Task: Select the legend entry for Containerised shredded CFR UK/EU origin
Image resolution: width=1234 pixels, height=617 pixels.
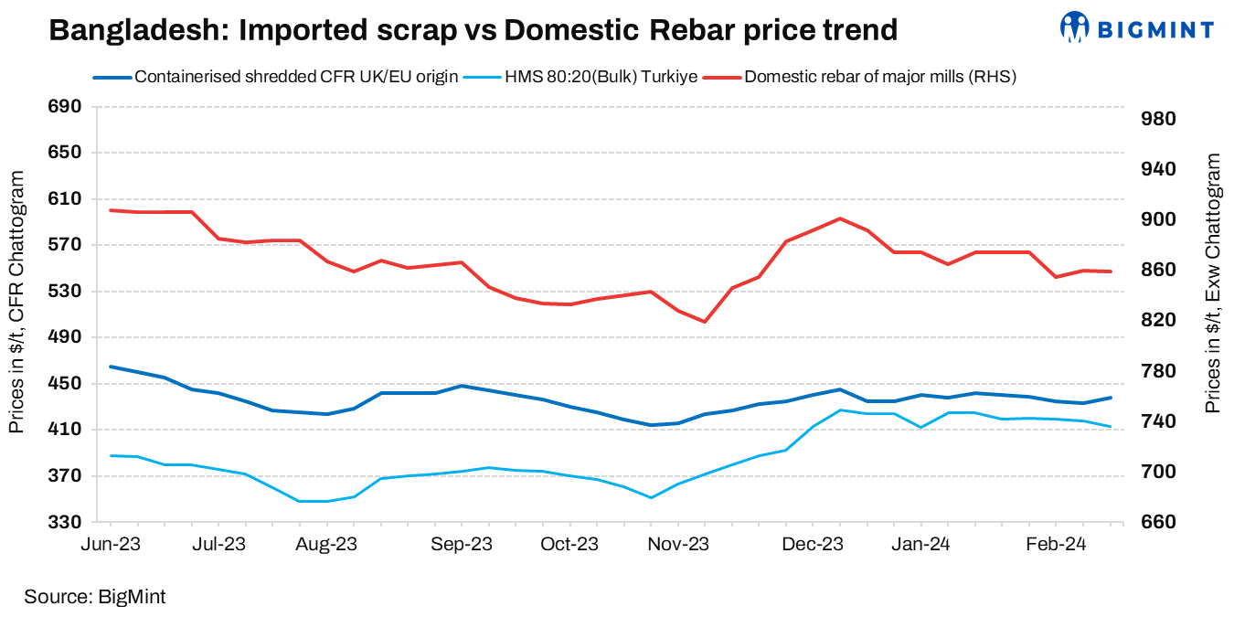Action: coord(295,77)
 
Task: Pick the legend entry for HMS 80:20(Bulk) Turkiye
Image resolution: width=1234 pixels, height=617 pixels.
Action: coord(601,77)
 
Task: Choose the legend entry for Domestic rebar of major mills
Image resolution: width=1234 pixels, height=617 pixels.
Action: coord(880,77)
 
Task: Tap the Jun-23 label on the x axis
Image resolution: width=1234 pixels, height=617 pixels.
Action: coord(111,544)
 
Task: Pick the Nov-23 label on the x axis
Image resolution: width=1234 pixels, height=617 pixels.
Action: coord(678,544)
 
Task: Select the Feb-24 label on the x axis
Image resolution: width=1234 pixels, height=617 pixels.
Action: coord(1055,544)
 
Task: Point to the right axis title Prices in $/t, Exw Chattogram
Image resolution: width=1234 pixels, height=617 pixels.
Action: coord(1212,283)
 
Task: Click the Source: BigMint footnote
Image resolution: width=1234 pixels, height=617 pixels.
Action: coord(94,597)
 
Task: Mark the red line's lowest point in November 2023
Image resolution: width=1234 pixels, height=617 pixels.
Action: coord(705,322)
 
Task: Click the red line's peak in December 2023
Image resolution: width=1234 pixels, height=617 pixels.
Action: coord(839,218)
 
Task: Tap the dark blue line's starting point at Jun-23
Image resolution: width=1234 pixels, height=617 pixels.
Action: coord(111,367)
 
